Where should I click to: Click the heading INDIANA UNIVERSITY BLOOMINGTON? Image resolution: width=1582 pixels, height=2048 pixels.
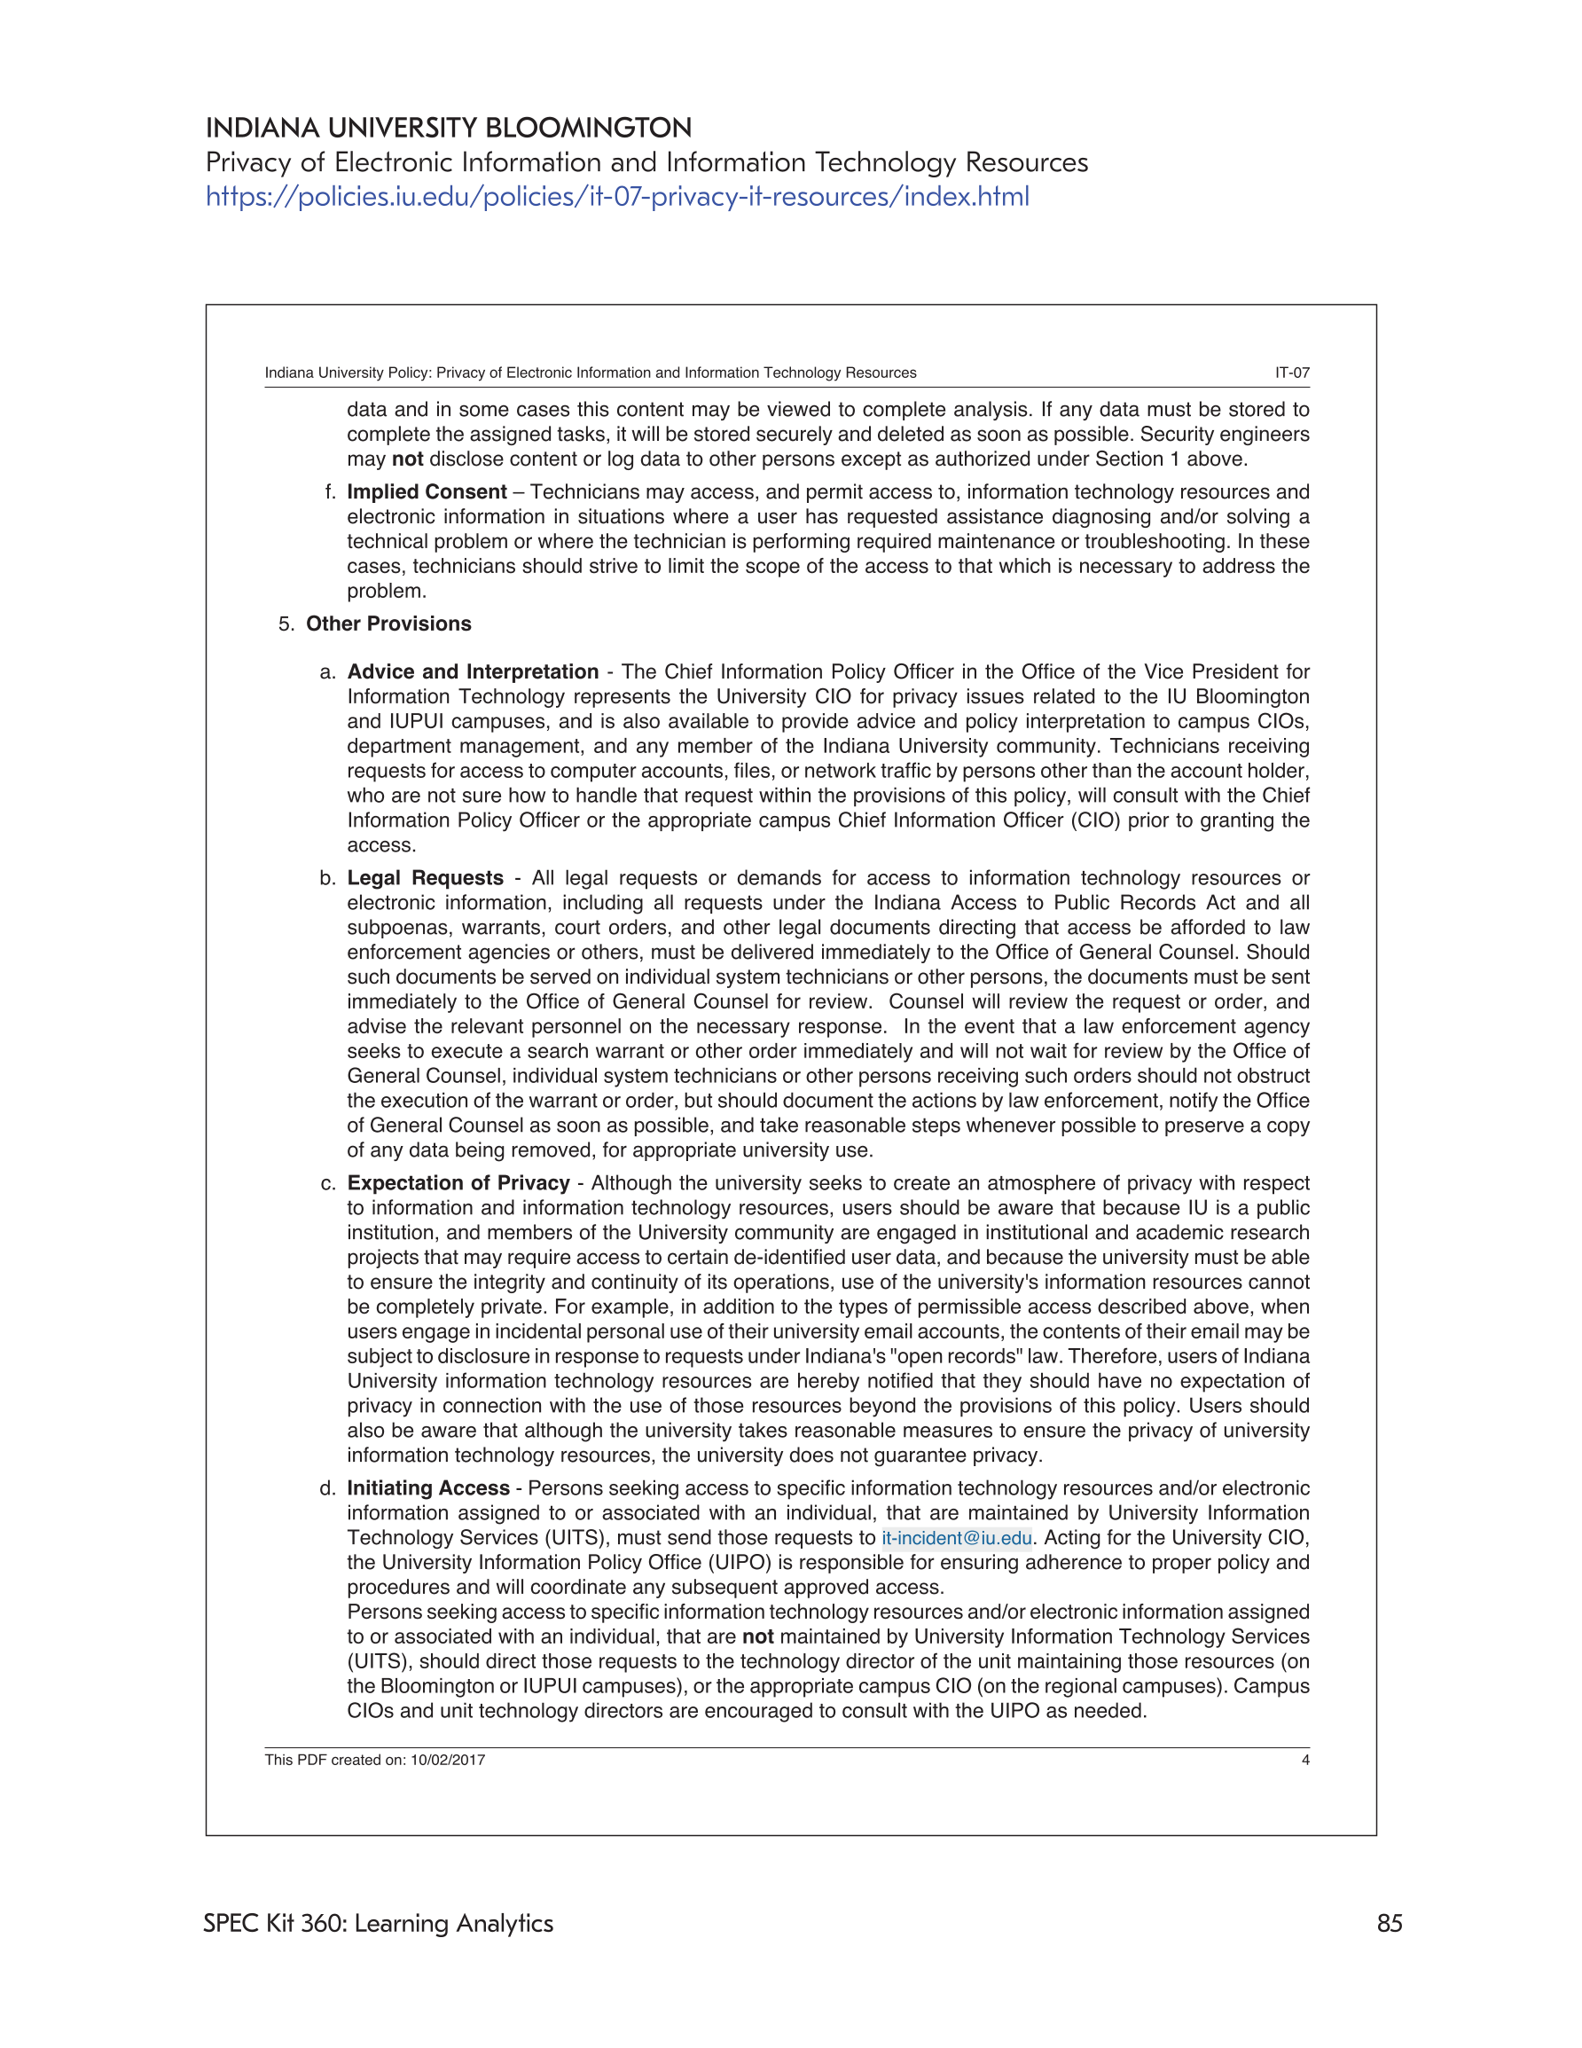pos(448,128)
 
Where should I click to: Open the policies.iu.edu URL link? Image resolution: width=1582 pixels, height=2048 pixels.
pos(617,197)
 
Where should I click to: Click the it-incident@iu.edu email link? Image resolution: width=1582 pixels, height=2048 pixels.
pos(956,1538)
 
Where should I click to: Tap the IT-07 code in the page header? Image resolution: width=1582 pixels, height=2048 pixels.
pos(1291,373)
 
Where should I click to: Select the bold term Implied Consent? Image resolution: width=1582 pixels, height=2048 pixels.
pos(427,492)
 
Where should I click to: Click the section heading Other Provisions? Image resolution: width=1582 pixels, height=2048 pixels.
pos(388,624)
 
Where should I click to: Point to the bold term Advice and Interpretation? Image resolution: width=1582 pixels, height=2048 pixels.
pos(473,672)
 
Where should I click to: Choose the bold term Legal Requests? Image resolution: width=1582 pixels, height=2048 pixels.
pos(425,879)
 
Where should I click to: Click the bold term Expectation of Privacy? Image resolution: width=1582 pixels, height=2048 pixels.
pos(458,1183)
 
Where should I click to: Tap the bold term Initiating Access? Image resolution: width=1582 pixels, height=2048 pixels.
pos(427,1488)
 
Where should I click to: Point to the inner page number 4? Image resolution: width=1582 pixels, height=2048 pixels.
pos(1304,1760)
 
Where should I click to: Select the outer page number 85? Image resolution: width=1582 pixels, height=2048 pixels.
pos(1389,1923)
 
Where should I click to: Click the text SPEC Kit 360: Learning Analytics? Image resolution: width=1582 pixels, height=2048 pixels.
pos(378,1923)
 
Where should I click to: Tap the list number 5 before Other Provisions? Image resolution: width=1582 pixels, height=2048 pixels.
pos(285,624)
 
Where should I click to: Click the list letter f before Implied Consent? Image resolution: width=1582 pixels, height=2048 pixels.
pos(329,492)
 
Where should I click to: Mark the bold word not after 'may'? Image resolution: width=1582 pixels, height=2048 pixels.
pos(407,459)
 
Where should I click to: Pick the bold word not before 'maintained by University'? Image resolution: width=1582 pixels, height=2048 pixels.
pos(756,1637)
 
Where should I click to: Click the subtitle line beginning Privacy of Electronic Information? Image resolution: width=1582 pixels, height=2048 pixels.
pos(646,162)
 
